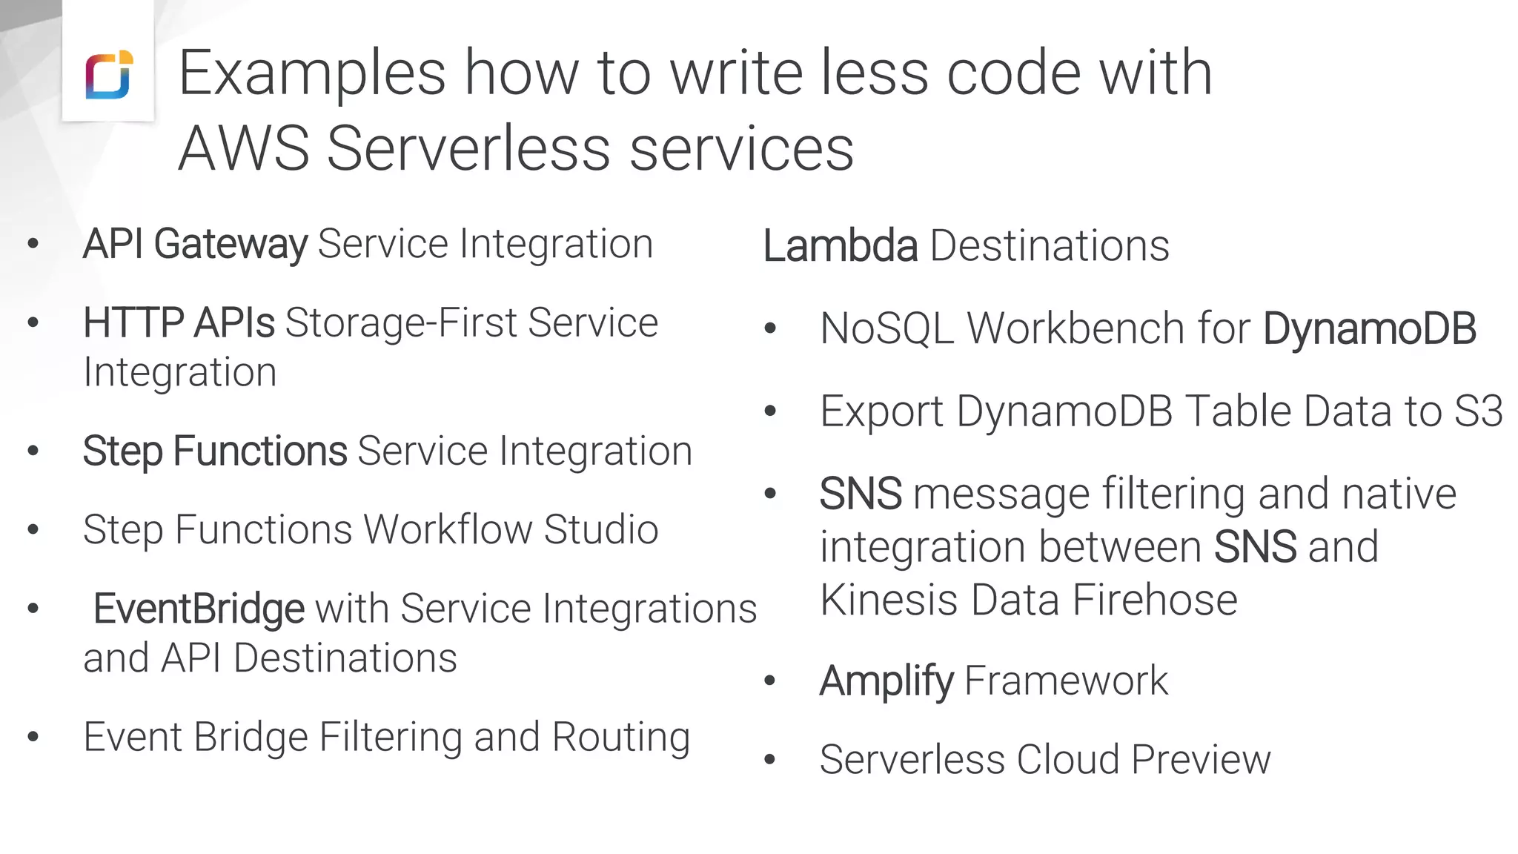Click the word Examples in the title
point(311,74)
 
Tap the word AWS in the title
point(243,149)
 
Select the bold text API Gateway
point(195,245)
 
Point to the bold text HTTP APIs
point(179,323)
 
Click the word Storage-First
point(401,323)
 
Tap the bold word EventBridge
point(199,609)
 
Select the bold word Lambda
point(841,246)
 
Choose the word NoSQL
point(887,328)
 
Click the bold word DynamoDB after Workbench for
point(1370,328)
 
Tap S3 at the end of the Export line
point(1479,411)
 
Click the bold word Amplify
point(886,681)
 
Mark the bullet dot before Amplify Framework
point(770,681)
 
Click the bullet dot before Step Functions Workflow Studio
point(33,530)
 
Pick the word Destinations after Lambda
point(1050,246)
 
